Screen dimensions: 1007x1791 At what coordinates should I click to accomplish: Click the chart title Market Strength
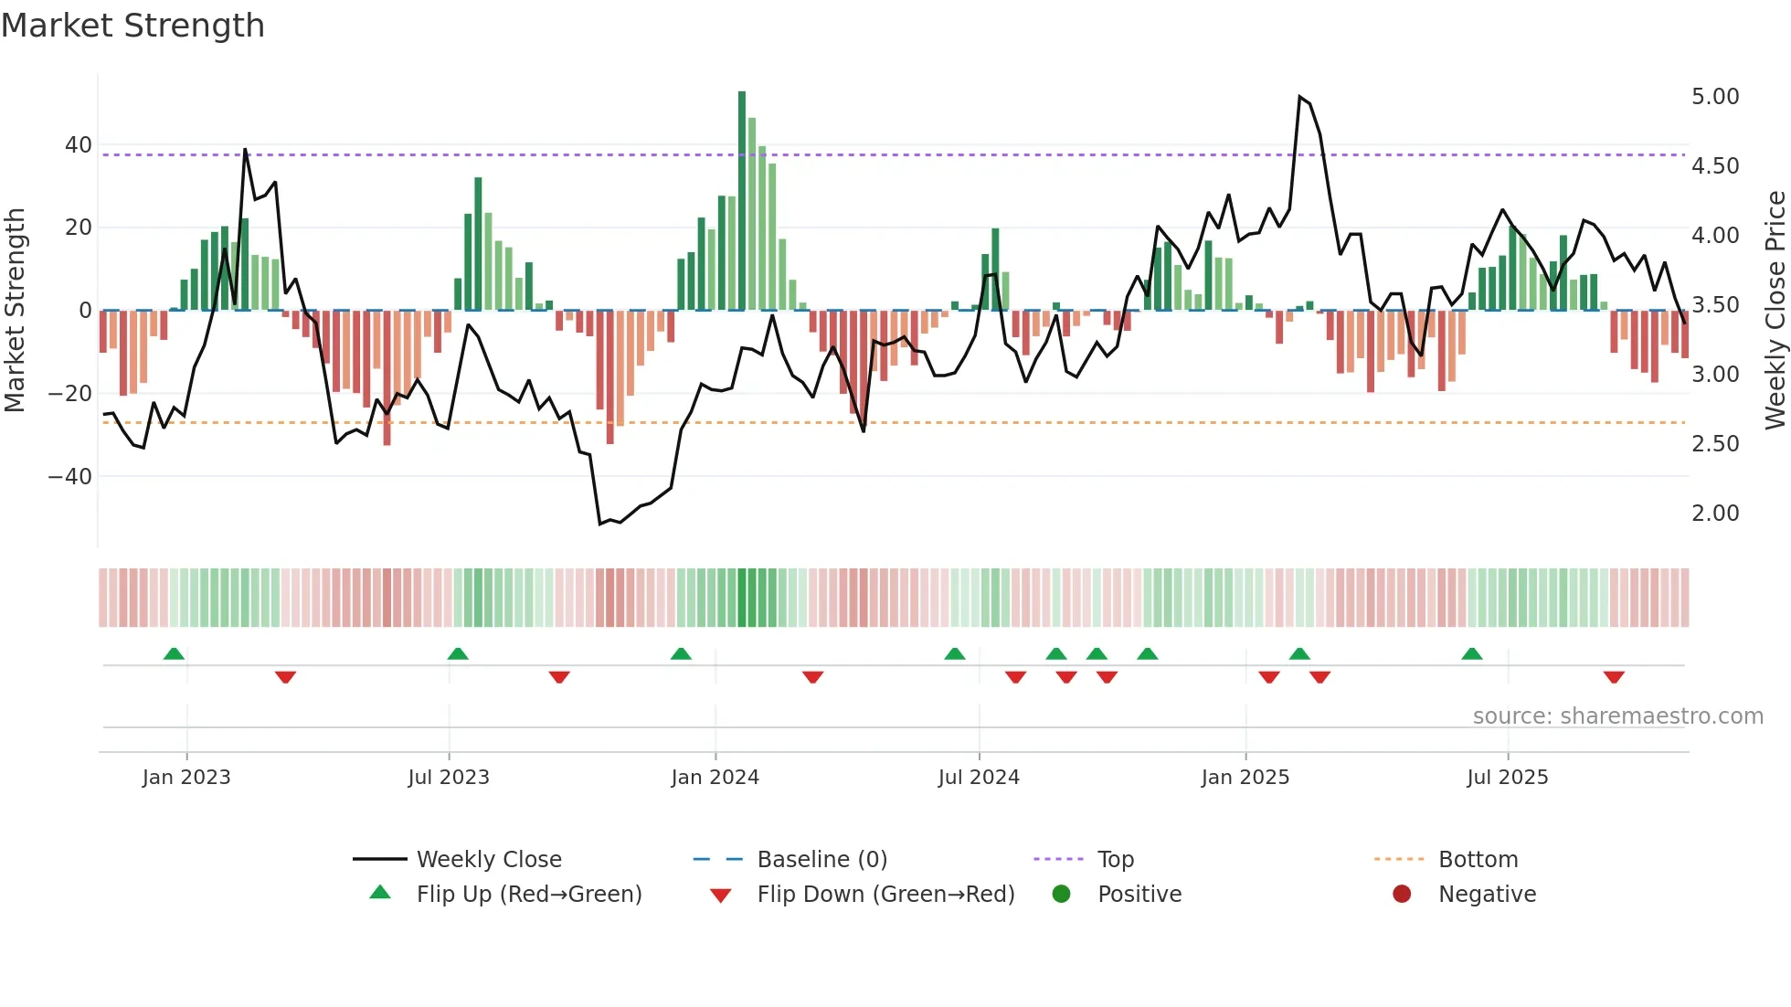coord(132,26)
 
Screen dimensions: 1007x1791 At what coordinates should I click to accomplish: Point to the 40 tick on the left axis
coord(79,144)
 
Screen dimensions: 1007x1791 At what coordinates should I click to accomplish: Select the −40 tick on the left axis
coord(70,476)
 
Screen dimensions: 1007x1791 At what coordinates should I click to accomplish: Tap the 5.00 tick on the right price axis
coord(1715,97)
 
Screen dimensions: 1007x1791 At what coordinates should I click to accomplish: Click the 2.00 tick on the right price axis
coord(1715,514)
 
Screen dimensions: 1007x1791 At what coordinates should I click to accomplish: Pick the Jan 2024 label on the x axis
coord(715,778)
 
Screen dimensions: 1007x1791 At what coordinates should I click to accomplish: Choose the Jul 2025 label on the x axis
coord(1508,778)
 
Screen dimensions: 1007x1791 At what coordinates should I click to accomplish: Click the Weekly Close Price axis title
coord(1775,310)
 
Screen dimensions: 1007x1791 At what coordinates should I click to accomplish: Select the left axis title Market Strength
coord(15,310)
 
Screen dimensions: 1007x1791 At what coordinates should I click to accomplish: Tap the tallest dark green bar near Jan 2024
coord(742,201)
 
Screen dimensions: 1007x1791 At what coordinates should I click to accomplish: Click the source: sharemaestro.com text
coord(1617,716)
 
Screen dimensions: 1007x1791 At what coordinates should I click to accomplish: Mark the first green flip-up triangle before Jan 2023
coord(174,653)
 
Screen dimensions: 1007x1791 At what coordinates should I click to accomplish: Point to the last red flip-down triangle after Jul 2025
coord(1614,677)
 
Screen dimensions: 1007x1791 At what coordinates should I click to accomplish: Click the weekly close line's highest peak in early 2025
coord(1299,97)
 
